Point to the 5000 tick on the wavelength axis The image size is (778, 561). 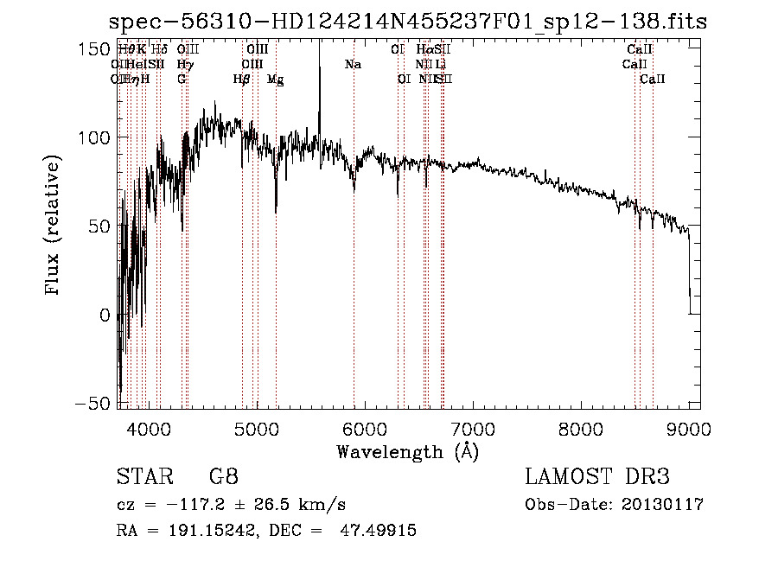coord(256,427)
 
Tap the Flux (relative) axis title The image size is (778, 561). coord(54,226)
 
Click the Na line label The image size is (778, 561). coord(353,65)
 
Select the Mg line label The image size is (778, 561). coord(276,80)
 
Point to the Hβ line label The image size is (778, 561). coord(242,80)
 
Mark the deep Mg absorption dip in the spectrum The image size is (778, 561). coord(276,207)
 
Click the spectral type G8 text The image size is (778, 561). coord(223,477)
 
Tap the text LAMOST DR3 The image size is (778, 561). coord(597,477)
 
